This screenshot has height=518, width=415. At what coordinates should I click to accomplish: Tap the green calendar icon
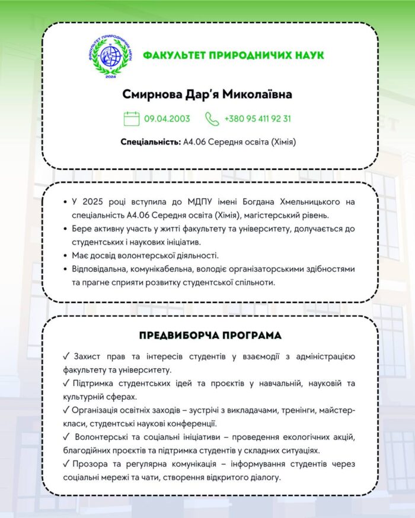[132, 118]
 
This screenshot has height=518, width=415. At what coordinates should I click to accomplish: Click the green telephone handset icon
[212, 118]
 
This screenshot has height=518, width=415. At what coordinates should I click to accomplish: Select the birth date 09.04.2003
[167, 118]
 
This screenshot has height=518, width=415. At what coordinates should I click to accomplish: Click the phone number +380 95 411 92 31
[257, 118]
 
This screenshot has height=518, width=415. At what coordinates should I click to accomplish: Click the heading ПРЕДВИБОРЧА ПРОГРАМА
[210, 335]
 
